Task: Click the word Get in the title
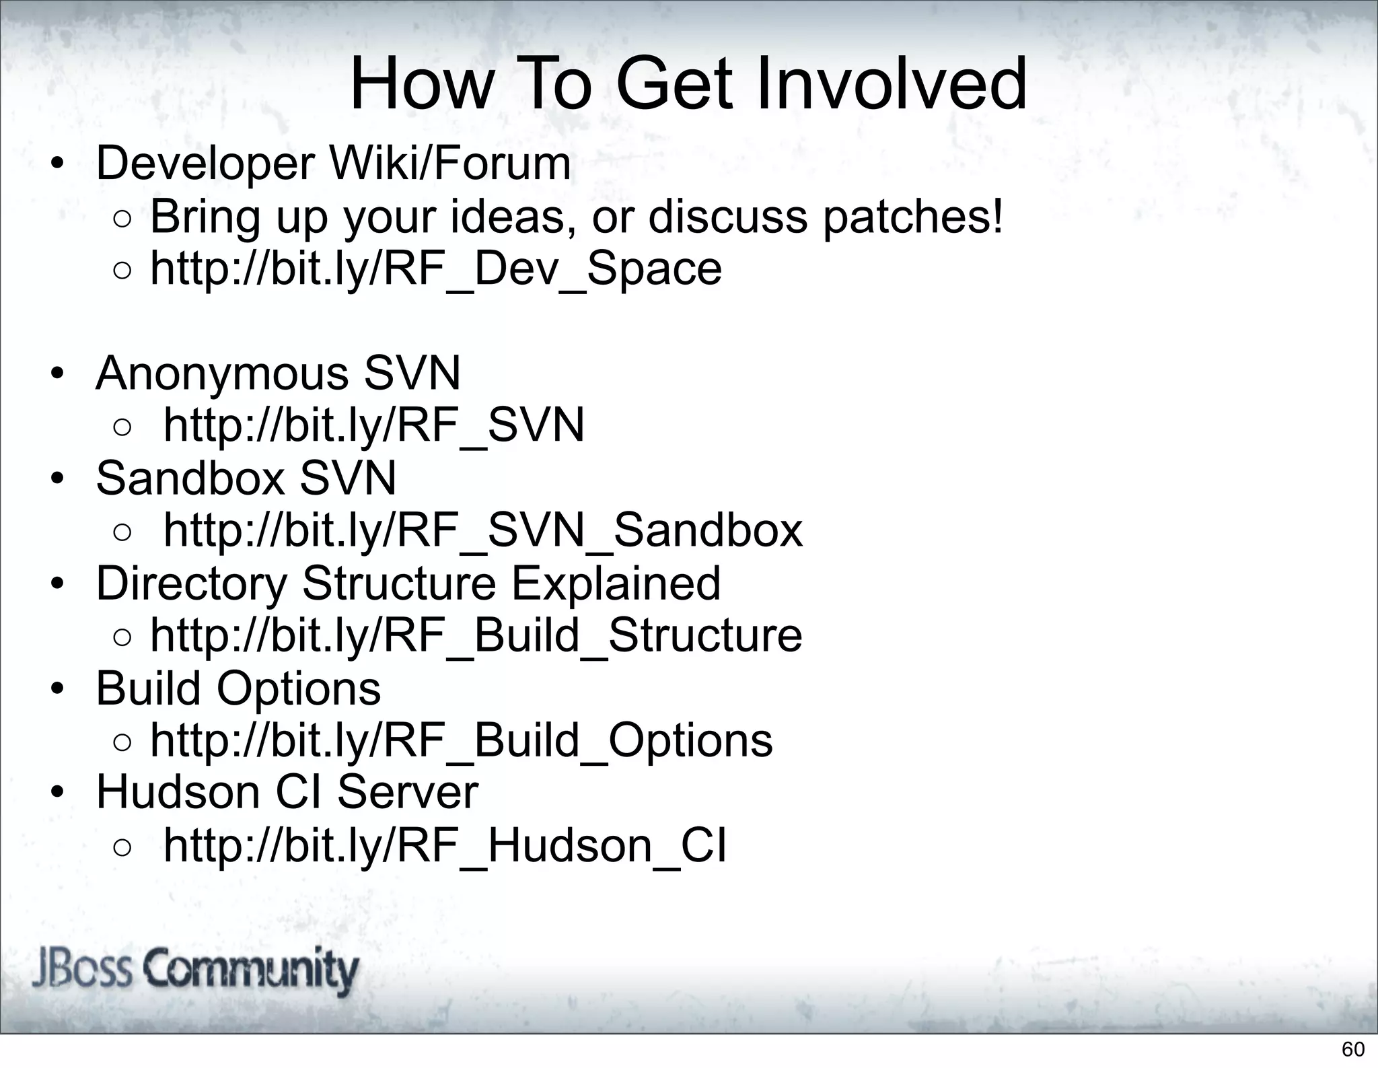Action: (x=673, y=85)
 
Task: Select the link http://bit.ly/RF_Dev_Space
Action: (x=435, y=269)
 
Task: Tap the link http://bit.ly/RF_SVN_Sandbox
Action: (x=483, y=530)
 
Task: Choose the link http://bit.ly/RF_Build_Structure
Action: (x=476, y=635)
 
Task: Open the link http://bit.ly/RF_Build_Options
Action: (x=461, y=740)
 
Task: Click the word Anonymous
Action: (x=222, y=373)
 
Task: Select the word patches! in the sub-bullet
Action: (x=913, y=217)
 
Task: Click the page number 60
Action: (x=1353, y=1049)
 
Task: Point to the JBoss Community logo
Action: (x=195, y=971)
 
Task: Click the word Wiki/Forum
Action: (x=449, y=164)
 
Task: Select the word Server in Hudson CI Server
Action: (x=408, y=792)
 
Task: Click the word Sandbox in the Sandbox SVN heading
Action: (x=190, y=478)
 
